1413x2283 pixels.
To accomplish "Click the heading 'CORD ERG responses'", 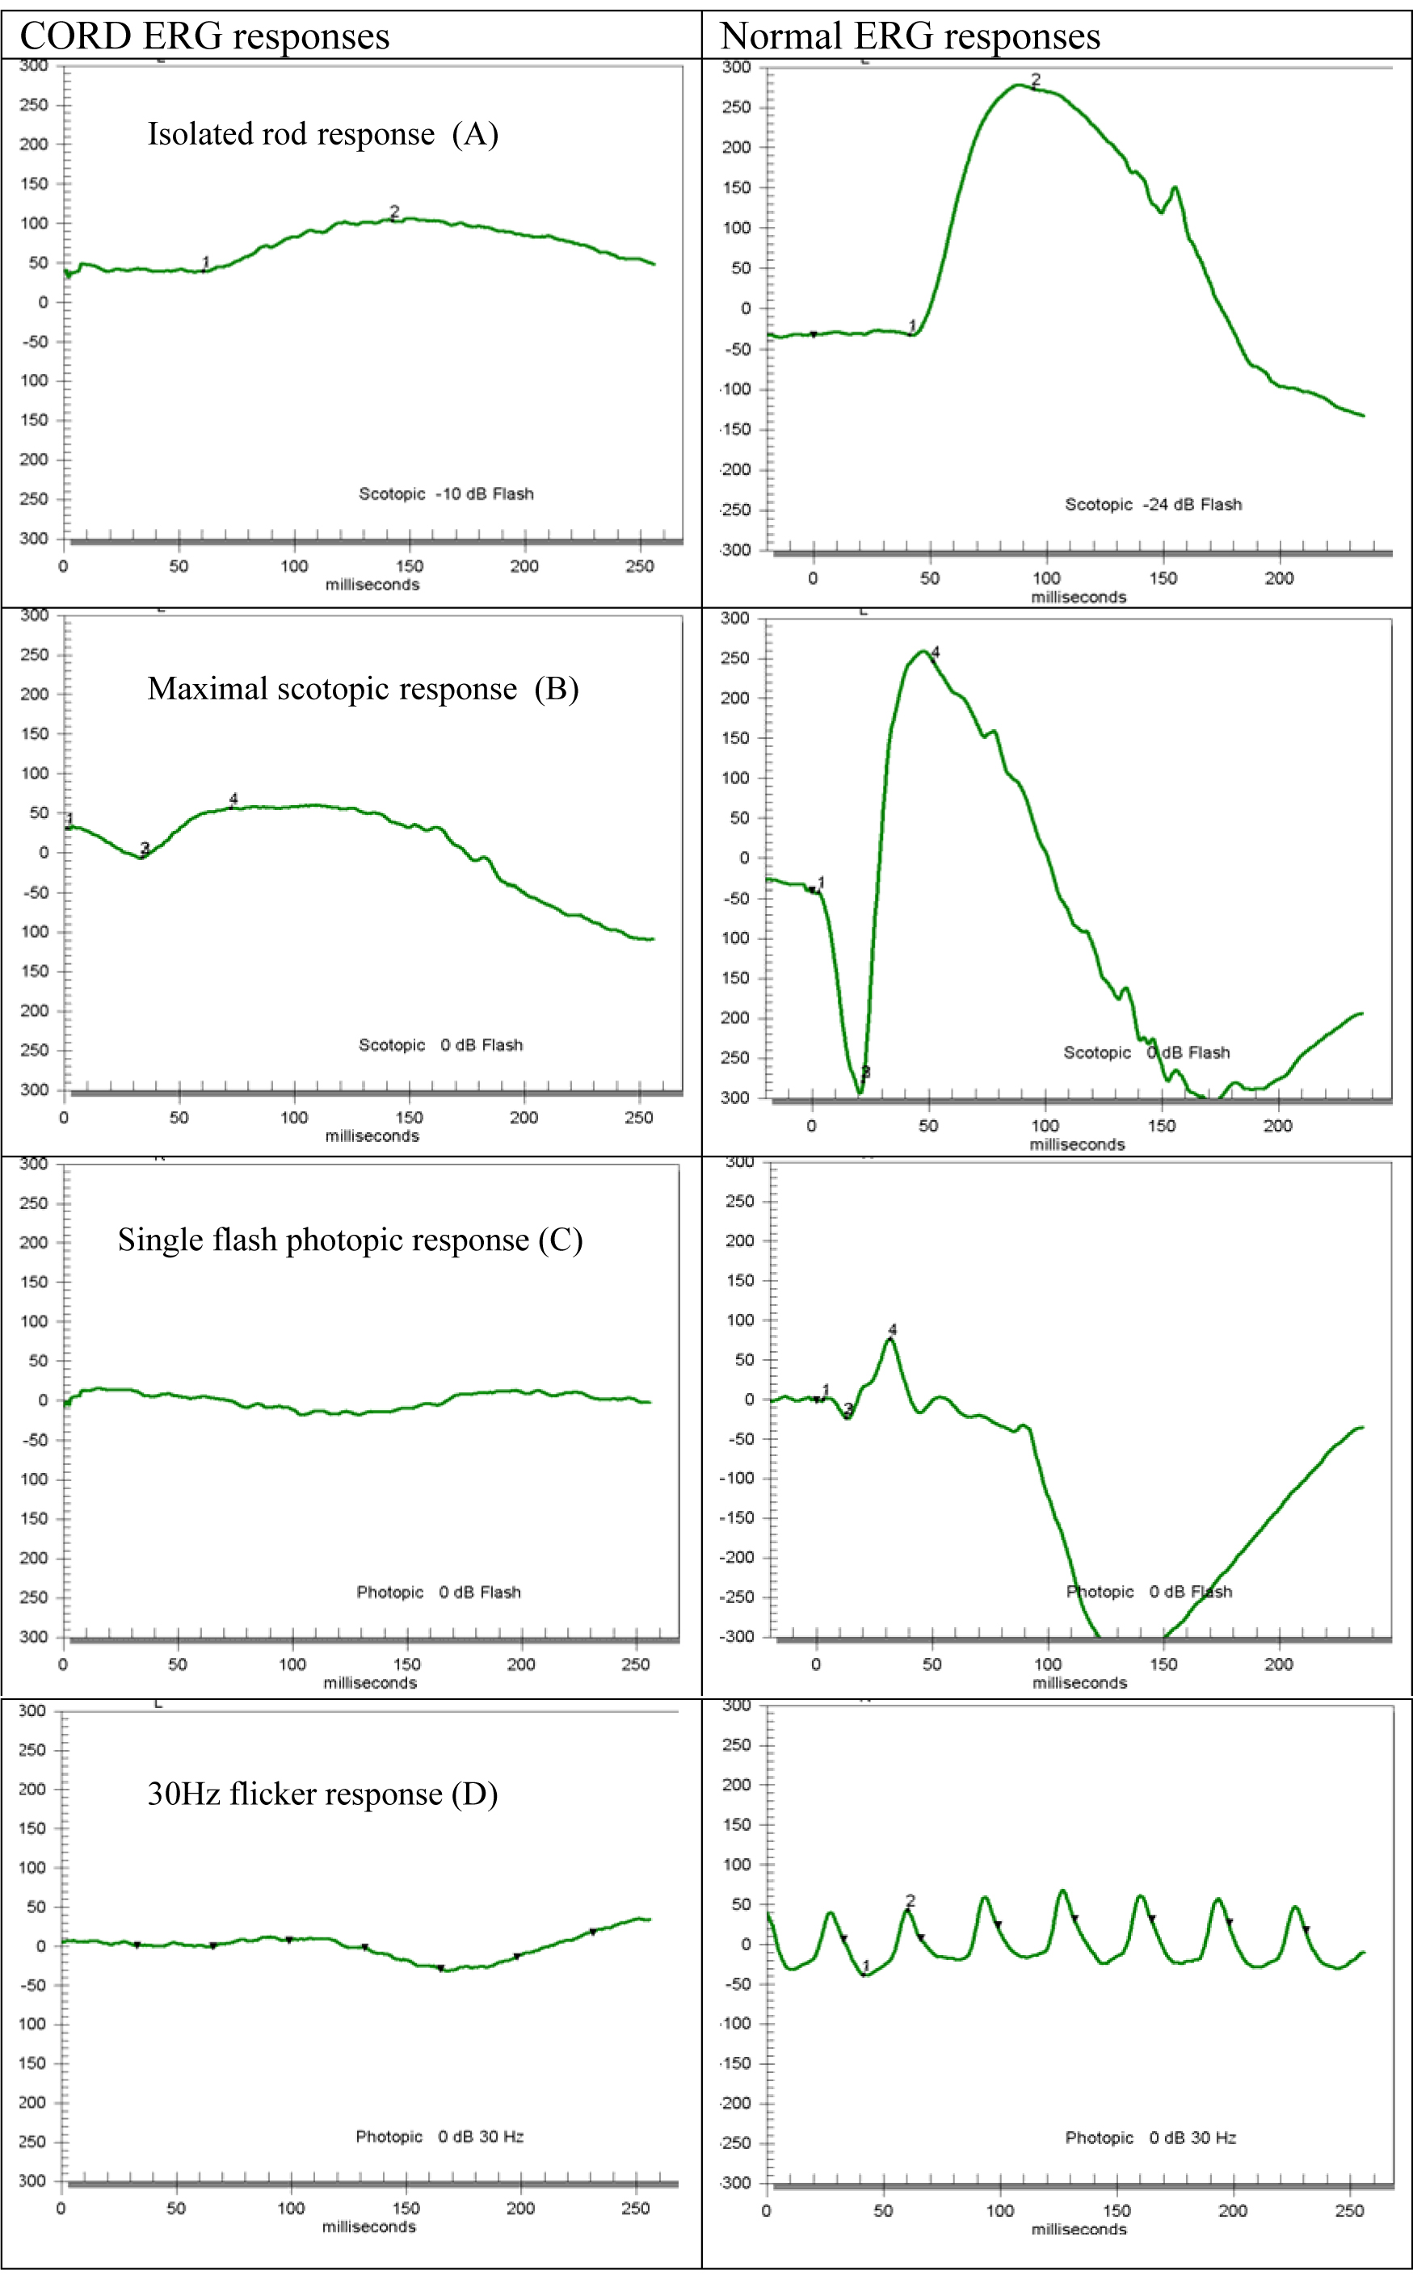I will pyautogui.click(x=204, y=36).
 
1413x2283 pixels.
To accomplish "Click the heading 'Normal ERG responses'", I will pyautogui.click(x=910, y=36).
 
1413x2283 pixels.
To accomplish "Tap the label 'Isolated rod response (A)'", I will pyautogui.click(x=322, y=133).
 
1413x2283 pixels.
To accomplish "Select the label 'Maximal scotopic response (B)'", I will pyautogui.click(x=363, y=688).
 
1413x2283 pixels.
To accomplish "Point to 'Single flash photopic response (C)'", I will pyautogui.click(x=350, y=1240).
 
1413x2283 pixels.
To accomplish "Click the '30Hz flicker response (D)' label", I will pyautogui.click(x=322, y=1794).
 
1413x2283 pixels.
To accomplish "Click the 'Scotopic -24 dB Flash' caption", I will pyautogui.click(x=1153, y=505).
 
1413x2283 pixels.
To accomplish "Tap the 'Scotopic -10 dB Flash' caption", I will pyautogui.click(x=446, y=494).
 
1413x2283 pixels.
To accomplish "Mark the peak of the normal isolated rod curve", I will pyautogui.click(x=1018, y=86).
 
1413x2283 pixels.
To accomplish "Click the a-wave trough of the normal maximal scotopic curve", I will pyautogui.click(x=860, y=1090).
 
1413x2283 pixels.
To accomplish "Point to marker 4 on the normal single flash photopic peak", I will pyautogui.click(x=893, y=1330).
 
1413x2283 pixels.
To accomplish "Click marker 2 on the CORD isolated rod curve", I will pyautogui.click(x=394, y=213).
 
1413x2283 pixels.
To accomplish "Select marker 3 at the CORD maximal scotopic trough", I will pyautogui.click(x=144, y=849).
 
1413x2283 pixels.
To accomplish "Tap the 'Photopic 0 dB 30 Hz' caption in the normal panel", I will pyautogui.click(x=1150, y=2138).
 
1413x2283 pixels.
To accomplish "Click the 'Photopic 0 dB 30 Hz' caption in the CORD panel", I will pyautogui.click(x=439, y=2136).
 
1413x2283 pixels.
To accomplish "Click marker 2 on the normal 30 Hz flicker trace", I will pyautogui.click(x=910, y=1901).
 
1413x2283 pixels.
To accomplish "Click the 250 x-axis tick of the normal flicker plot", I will pyautogui.click(x=1348, y=2210).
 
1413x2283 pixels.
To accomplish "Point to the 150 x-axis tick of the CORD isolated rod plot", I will pyautogui.click(x=410, y=566).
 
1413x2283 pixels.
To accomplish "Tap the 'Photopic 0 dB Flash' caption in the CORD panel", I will pyautogui.click(x=439, y=1592).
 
